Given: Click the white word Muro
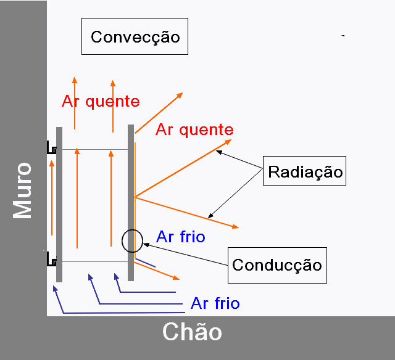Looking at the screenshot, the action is (x=22, y=190).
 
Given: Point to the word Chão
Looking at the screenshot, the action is (x=192, y=332).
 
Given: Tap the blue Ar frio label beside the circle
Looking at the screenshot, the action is (x=181, y=237).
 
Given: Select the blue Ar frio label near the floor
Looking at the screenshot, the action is (x=215, y=303).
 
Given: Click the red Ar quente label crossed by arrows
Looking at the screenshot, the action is (x=101, y=101).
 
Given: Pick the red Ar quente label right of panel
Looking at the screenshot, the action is (x=194, y=130).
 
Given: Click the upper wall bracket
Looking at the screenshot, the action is (x=51, y=147).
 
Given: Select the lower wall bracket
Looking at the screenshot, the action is (x=51, y=259).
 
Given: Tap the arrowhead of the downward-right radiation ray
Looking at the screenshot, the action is (x=236, y=227).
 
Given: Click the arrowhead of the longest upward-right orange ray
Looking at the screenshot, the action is (x=228, y=142).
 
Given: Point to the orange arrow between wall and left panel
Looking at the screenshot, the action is (x=52, y=198).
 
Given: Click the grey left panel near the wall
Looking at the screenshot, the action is (x=59, y=205).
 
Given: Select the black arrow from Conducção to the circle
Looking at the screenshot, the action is (x=185, y=255).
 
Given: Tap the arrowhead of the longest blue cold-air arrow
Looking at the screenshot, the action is (x=55, y=288).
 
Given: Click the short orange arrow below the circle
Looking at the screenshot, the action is (x=156, y=271).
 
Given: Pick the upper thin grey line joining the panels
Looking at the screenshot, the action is (x=95, y=149).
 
